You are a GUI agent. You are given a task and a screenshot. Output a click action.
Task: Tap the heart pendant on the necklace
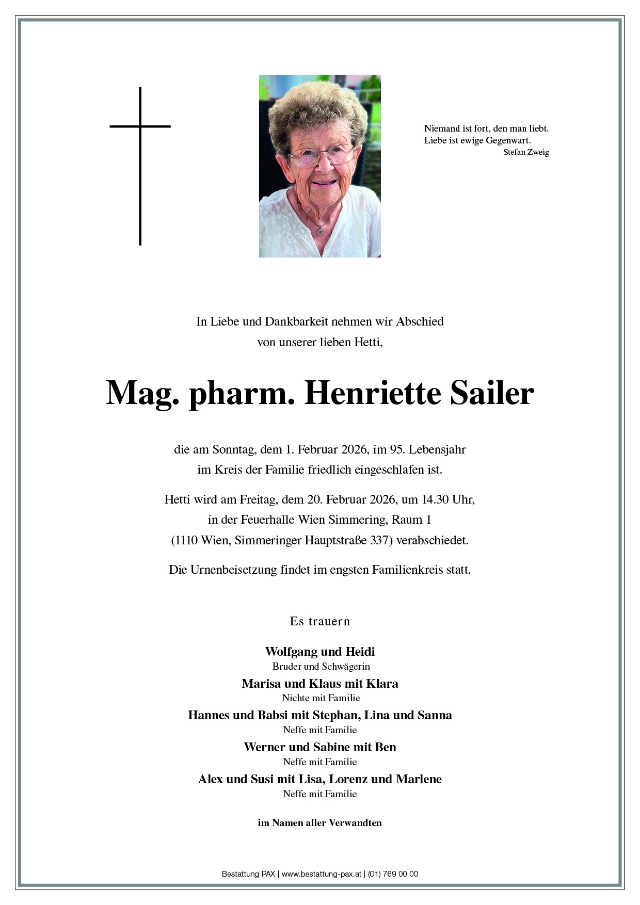click(320, 232)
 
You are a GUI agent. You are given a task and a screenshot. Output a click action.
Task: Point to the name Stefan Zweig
click(526, 152)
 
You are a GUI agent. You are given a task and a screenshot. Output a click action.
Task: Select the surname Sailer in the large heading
click(492, 393)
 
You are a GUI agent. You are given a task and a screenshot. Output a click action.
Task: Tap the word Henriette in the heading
click(373, 393)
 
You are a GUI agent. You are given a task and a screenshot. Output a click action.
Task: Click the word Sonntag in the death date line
click(233, 449)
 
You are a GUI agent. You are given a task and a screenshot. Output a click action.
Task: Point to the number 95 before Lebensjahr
click(396, 449)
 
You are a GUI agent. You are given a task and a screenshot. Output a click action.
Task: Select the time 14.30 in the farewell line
click(435, 499)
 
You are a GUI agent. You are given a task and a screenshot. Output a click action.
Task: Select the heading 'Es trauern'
click(320, 621)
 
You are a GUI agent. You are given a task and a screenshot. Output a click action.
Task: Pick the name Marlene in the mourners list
click(418, 779)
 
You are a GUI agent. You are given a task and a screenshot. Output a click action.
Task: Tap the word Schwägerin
click(345, 667)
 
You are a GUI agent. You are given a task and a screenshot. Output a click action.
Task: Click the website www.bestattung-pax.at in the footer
click(321, 874)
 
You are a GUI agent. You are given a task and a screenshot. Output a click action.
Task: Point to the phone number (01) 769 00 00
click(393, 874)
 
